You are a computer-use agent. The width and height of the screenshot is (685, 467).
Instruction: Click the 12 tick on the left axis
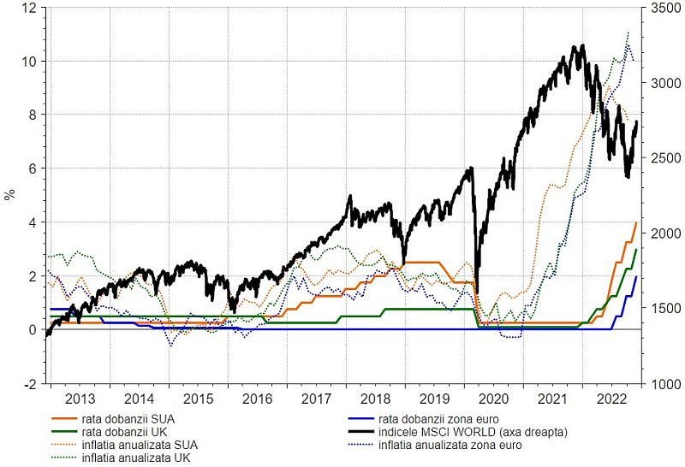tap(30, 8)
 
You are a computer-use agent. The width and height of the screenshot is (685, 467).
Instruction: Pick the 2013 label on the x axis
tap(80, 399)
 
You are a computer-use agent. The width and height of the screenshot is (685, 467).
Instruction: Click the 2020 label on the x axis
tap(494, 399)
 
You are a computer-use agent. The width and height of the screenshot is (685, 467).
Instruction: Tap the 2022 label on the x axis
tap(612, 399)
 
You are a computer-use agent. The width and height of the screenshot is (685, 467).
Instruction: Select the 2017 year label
tap(317, 399)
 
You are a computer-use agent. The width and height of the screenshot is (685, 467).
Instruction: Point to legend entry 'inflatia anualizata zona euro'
tap(455, 445)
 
